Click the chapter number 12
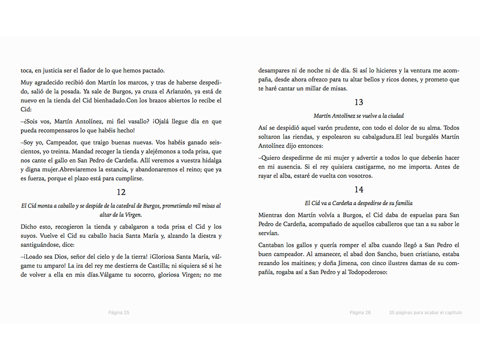121,192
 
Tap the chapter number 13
359,102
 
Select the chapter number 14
359,189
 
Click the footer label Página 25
119,313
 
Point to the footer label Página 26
360,313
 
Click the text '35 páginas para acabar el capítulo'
425,313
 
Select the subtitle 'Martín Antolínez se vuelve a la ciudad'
359,116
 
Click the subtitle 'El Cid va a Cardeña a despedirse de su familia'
359,203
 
